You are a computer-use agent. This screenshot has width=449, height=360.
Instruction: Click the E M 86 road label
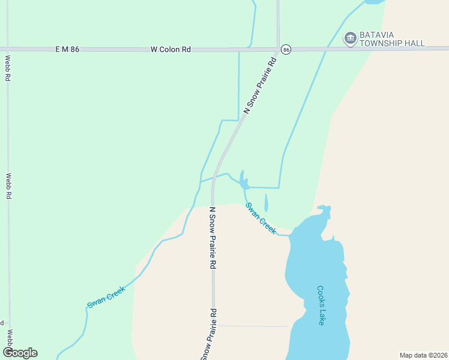67,49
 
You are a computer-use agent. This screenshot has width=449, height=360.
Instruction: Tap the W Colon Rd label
171,49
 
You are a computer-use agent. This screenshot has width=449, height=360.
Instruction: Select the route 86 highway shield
286,49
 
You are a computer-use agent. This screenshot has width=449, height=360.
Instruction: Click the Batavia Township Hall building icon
350,38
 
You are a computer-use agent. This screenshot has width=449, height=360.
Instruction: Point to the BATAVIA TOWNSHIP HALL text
392,39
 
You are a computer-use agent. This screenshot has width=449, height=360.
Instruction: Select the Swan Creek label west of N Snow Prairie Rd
106,297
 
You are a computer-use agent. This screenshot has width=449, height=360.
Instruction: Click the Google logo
20,353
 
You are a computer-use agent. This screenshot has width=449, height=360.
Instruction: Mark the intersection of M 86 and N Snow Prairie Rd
279,49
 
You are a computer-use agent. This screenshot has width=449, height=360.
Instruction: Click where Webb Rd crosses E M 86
8,49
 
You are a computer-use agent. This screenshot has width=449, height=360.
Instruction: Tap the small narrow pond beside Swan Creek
266,202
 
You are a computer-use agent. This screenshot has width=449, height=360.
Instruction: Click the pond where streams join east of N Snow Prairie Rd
243,181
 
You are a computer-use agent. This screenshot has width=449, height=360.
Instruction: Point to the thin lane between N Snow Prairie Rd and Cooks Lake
252,326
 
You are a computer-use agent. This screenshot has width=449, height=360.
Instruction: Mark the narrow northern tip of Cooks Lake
324,210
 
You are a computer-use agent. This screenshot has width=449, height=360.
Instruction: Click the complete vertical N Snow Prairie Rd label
212,238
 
